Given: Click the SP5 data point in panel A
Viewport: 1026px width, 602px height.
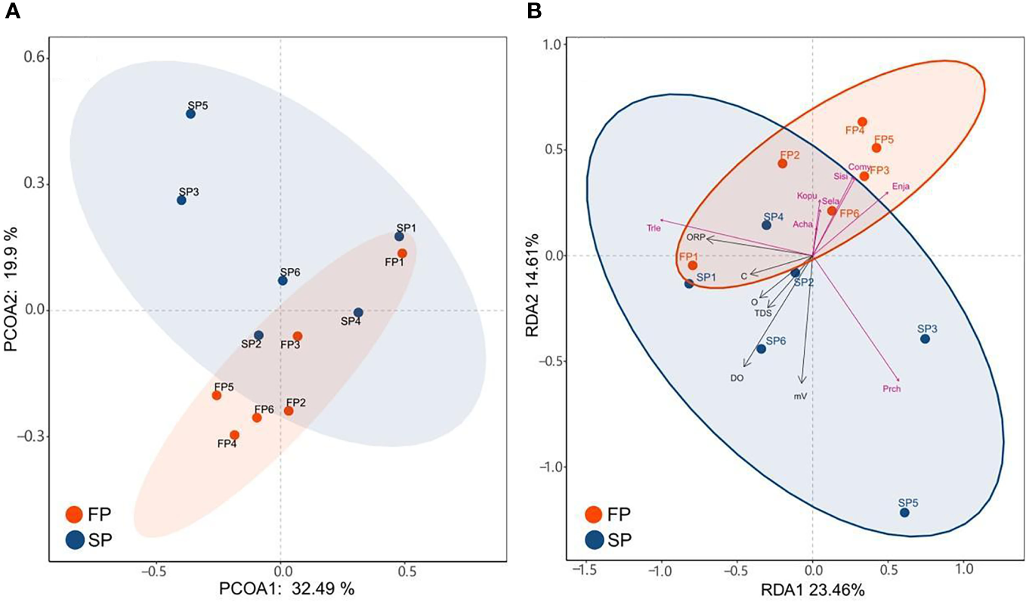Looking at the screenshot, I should point(190,114).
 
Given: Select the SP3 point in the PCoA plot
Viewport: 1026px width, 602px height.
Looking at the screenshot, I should point(181,200).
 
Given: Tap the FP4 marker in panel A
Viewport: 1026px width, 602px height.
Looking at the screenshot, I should point(234,435).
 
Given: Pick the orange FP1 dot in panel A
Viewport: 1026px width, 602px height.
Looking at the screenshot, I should point(402,253).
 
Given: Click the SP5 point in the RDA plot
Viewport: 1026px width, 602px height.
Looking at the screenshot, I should point(904,513).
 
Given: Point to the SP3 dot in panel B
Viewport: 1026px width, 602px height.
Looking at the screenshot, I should point(925,339).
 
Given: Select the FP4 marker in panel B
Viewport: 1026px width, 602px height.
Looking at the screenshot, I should point(862,122).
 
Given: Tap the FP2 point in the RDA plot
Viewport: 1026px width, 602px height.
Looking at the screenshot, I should point(783,163).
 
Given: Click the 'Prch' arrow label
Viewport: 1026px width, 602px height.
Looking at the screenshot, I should point(892,390).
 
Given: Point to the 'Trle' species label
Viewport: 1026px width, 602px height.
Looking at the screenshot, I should point(654,227).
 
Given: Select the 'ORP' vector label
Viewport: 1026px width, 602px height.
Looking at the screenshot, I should point(695,237).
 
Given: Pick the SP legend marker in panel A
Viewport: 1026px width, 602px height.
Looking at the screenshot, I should point(74,540).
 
